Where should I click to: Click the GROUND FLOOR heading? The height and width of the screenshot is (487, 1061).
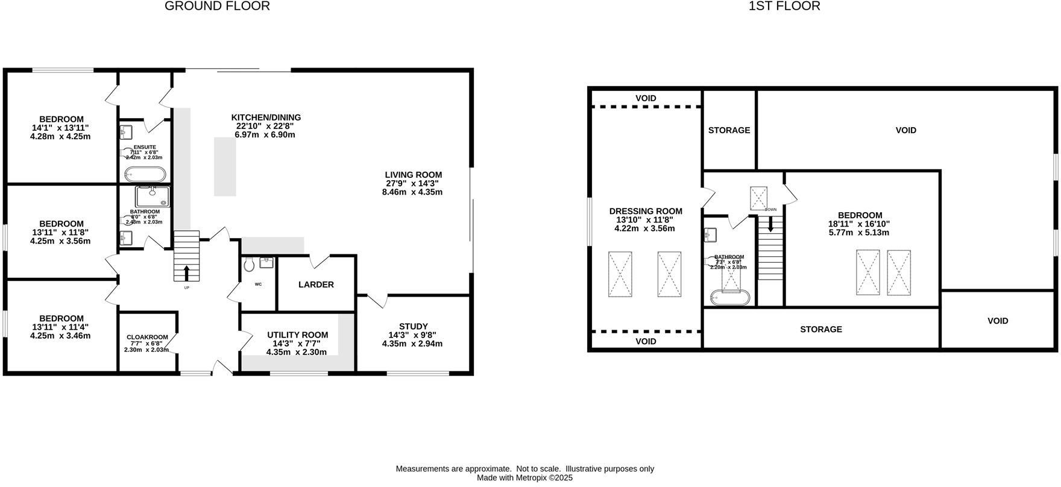coord(217,7)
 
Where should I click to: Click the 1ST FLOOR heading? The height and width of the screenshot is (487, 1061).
coord(784,7)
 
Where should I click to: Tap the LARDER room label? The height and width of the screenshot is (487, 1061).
coord(316,284)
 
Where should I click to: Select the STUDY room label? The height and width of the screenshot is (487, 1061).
coord(413,327)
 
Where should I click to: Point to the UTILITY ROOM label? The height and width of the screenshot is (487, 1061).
coord(298,335)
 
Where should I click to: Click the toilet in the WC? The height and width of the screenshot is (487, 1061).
coord(248,264)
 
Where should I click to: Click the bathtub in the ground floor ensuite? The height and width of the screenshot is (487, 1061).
coord(145,175)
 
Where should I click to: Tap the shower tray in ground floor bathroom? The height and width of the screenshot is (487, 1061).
coord(153,197)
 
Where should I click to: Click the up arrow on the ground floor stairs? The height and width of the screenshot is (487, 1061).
coord(186,273)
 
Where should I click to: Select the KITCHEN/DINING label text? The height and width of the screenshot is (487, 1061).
coord(266,118)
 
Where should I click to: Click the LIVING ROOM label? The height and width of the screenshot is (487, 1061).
coord(414,175)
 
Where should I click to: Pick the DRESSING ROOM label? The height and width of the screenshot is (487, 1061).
coord(646,211)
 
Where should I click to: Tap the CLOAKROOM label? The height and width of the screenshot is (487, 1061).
coord(147,337)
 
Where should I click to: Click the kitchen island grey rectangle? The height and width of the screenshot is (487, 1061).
coord(225,166)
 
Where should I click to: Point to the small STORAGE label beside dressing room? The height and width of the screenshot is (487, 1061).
coord(729,130)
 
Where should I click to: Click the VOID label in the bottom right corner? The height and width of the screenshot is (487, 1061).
coord(998,321)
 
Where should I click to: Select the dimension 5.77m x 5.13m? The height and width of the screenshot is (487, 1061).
coord(859,232)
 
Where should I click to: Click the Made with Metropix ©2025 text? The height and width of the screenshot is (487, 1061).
coord(524,478)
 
